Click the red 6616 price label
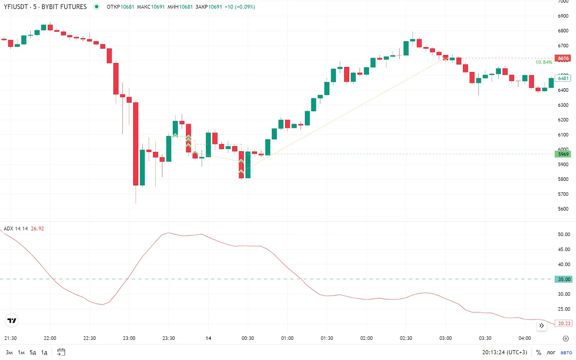[x=563, y=58]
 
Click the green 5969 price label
[x=563, y=154]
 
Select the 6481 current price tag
[x=563, y=78]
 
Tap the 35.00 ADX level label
[x=564, y=279]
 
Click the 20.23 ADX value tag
[x=564, y=323]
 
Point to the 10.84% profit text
[x=543, y=62]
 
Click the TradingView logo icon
[x=12, y=320]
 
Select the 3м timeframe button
[x=9, y=352]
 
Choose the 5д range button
[x=33, y=352]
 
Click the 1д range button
[x=44, y=352]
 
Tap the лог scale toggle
[x=551, y=352]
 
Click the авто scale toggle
[x=566, y=352]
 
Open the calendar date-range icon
[x=61, y=352]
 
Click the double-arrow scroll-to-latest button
[x=541, y=326]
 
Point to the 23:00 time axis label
[x=129, y=338]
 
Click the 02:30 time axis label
[x=406, y=338]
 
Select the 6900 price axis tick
[x=563, y=16]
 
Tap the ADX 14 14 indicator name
[x=16, y=229]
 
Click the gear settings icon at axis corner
[x=566, y=338]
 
